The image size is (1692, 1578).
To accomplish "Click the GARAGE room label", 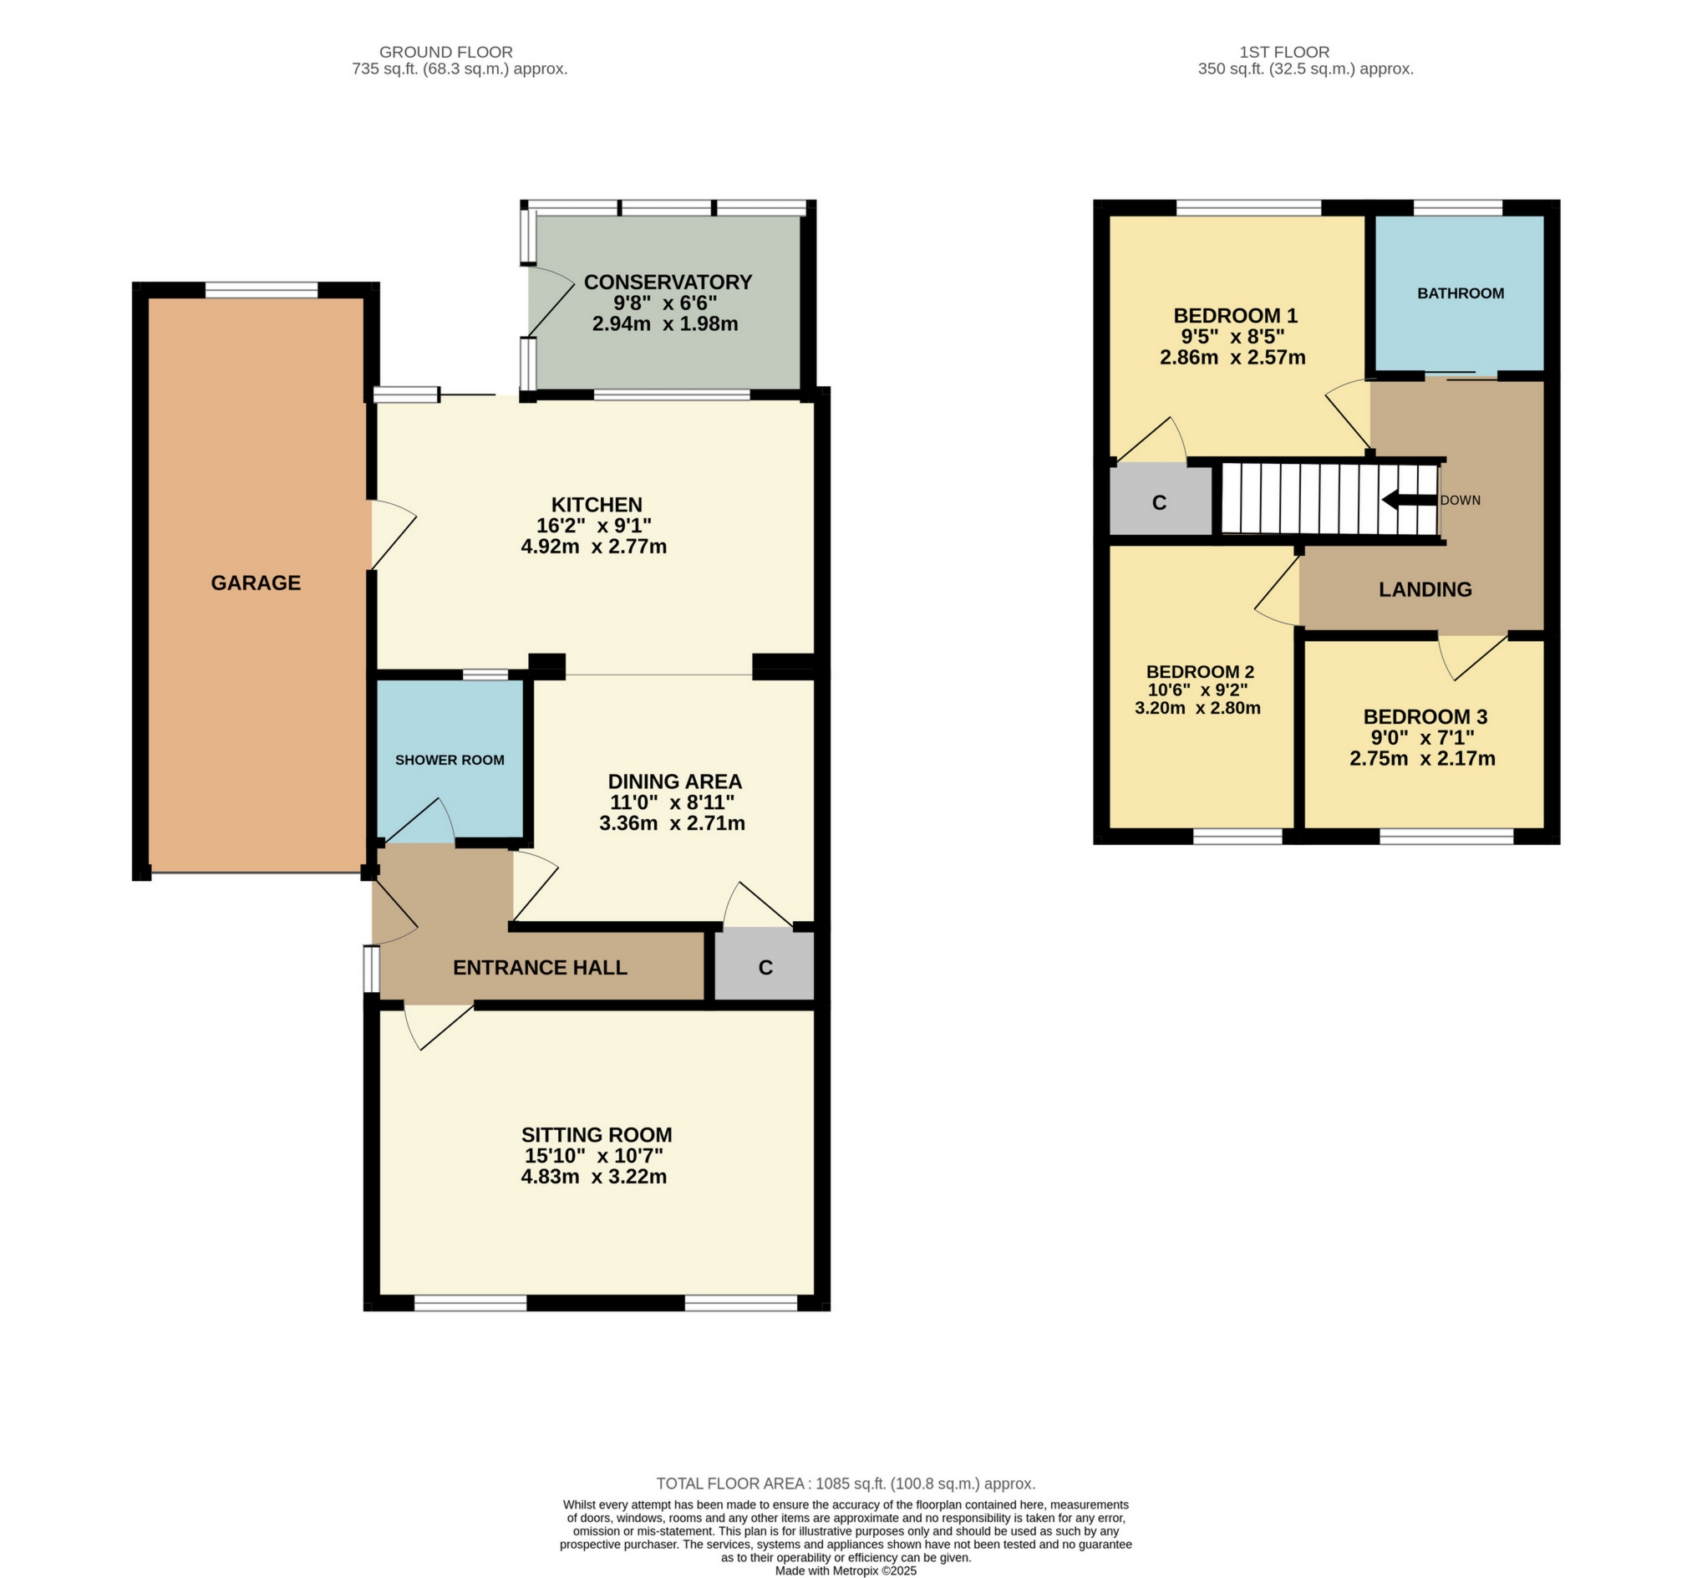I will pyautogui.click(x=256, y=583).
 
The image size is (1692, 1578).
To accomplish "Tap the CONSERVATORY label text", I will pyautogui.click(x=668, y=282).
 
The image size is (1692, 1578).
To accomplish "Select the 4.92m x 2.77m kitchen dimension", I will pyautogui.click(x=593, y=547).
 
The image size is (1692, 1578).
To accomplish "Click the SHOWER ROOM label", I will pyautogui.click(x=450, y=760).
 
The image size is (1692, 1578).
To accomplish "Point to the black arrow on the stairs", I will pyautogui.click(x=1409, y=501).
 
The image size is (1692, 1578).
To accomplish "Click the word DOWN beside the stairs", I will pyautogui.click(x=1460, y=501).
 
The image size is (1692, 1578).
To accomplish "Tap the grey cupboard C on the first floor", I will pyautogui.click(x=1158, y=502).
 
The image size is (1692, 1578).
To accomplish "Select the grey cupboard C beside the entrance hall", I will pyautogui.click(x=765, y=967).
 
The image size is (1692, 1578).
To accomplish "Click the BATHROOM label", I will pyautogui.click(x=1460, y=293).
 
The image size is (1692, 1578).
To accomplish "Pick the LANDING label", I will pyautogui.click(x=1425, y=589).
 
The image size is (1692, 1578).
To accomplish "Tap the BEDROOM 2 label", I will pyautogui.click(x=1199, y=671).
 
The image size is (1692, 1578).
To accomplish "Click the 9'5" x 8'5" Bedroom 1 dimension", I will pyautogui.click(x=1232, y=336).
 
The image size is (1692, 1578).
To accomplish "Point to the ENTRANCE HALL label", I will pyautogui.click(x=540, y=967).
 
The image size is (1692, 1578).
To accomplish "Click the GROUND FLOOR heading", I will pyautogui.click(x=445, y=52).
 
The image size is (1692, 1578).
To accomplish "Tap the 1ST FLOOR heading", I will pyautogui.click(x=1283, y=52).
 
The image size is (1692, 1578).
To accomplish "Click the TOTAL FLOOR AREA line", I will pyautogui.click(x=845, y=1484).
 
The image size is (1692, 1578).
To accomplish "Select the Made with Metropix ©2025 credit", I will pyautogui.click(x=845, y=1570).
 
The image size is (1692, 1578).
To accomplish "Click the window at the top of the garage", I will pyautogui.click(x=262, y=290).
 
